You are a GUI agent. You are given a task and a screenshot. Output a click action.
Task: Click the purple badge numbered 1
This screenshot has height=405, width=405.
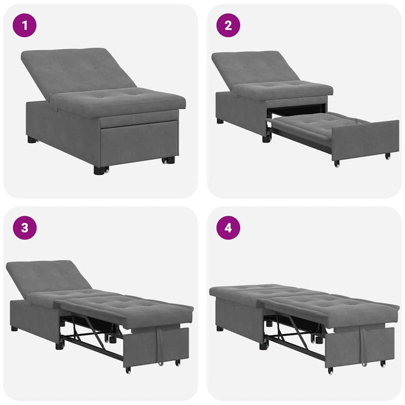(x=24, y=25)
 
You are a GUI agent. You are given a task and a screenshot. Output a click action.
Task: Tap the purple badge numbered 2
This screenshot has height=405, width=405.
(x=228, y=25)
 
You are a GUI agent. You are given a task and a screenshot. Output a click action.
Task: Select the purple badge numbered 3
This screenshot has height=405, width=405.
(x=24, y=227)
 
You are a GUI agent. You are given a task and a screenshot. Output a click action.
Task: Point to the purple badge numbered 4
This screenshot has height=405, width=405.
(x=228, y=227)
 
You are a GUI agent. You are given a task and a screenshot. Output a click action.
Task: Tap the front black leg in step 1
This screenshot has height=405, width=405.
(x=101, y=170)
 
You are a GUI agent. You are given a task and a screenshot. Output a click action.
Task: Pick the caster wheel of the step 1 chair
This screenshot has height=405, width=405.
(x=170, y=160)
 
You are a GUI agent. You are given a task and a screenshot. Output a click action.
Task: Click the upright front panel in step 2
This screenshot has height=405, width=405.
(x=365, y=139)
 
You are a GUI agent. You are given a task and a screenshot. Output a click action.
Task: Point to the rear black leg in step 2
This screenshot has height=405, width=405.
(x=220, y=122)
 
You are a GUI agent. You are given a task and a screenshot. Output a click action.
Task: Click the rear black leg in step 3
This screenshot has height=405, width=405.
(x=14, y=328)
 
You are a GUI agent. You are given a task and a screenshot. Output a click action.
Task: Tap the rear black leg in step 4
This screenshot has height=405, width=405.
(x=220, y=328)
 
